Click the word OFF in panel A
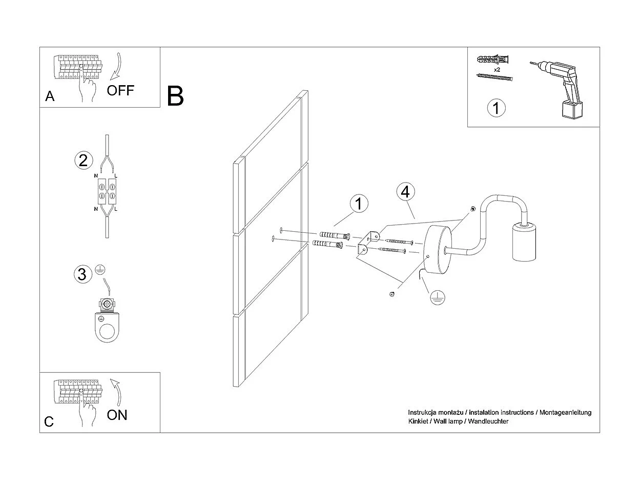point(120,91)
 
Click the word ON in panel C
point(117,414)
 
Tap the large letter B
point(175,96)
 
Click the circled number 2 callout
point(84,161)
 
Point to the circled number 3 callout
point(81,274)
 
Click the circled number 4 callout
point(405,192)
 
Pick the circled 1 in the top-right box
point(496,108)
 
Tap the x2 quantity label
point(497,69)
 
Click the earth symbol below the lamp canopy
point(437,297)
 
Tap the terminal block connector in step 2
point(107,191)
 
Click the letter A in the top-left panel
point(50,96)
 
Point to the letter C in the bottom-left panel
point(49,422)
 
